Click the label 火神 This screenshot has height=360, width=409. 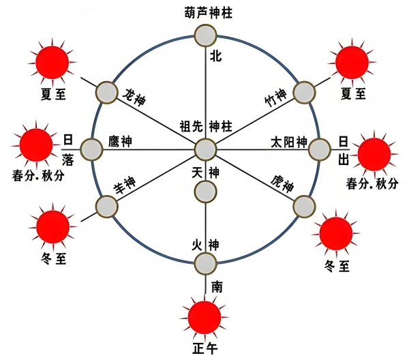click(205, 243)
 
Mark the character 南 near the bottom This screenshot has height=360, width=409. click(216, 287)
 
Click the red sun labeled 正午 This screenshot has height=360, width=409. click(205, 318)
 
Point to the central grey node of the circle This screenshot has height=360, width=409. click(205, 149)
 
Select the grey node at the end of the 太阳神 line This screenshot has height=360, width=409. click(320, 148)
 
